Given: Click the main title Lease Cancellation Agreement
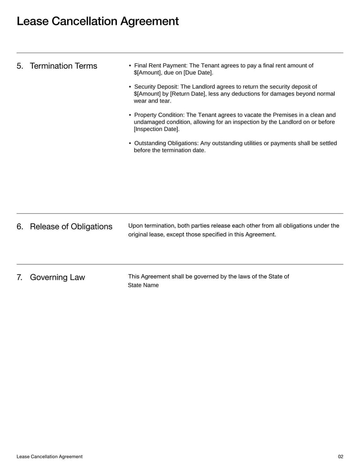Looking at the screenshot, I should pyautogui.click(x=98, y=21).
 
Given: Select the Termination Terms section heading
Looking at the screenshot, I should pyautogui.click(x=63, y=66).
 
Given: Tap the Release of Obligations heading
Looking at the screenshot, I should pyautogui.click(x=71, y=226).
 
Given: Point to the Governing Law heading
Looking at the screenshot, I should pyautogui.click(x=57, y=277).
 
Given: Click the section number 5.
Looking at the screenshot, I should pyautogui.click(x=20, y=66).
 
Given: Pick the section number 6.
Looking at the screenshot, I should pyautogui.click(x=20, y=226).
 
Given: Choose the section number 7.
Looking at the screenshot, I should pyautogui.click(x=20, y=277).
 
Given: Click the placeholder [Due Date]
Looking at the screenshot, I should pyautogui.click(x=198, y=73).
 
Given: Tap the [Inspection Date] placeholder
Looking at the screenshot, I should pyautogui.click(x=156, y=129).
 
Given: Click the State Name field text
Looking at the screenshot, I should pyautogui.click(x=143, y=285).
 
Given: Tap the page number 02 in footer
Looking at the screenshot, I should pyautogui.click(x=340, y=457).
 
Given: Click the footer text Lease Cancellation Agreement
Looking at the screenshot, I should pyautogui.click(x=49, y=457).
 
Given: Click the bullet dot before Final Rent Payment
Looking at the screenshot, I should pyautogui.click(x=130, y=66).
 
